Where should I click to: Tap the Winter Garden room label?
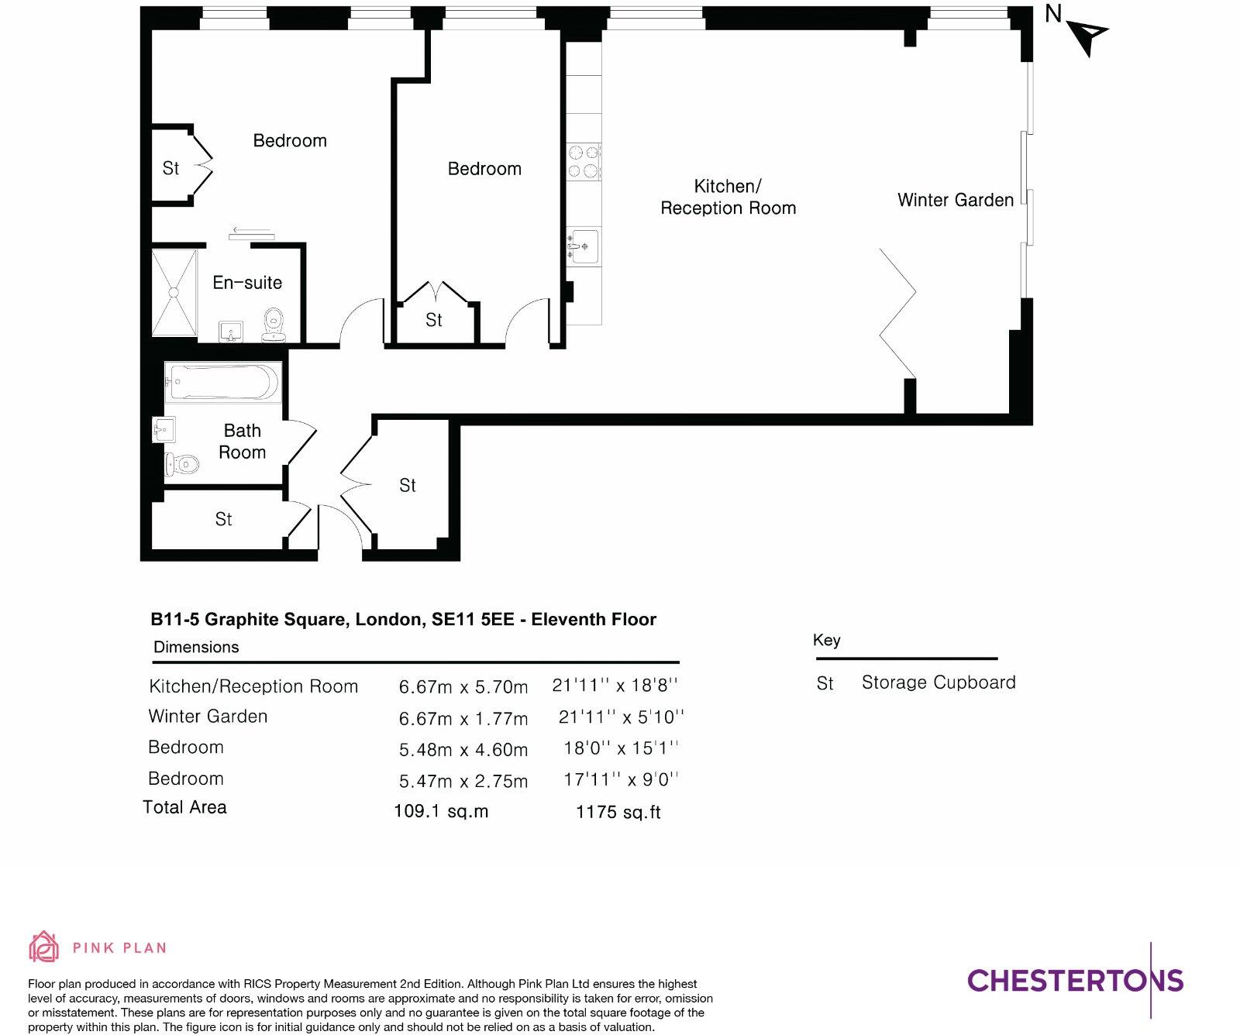click(x=955, y=200)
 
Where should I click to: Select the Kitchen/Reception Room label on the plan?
click(x=728, y=197)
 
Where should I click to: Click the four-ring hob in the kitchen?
click(x=584, y=162)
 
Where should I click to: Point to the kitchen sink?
click(x=584, y=246)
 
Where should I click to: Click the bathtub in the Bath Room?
click(x=222, y=382)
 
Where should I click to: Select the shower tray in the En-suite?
click(x=174, y=292)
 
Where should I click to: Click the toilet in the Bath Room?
click(x=182, y=465)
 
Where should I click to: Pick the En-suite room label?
click(x=247, y=283)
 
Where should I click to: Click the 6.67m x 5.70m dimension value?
click(x=463, y=687)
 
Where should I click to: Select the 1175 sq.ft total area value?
click(x=618, y=812)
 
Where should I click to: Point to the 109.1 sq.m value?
click(x=441, y=811)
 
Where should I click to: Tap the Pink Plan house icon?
click(x=43, y=947)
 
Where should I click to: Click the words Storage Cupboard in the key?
click(x=938, y=683)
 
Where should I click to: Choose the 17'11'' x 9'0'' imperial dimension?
click(x=620, y=779)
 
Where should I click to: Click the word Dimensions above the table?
click(x=196, y=647)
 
